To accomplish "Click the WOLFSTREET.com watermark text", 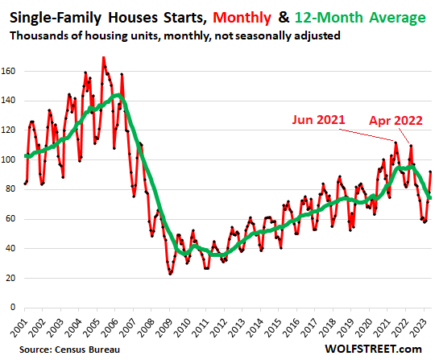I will coord(379,349).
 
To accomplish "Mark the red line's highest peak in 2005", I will coord(103,57).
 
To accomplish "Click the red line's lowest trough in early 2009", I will coord(170,274).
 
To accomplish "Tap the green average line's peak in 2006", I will coord(118,96).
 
